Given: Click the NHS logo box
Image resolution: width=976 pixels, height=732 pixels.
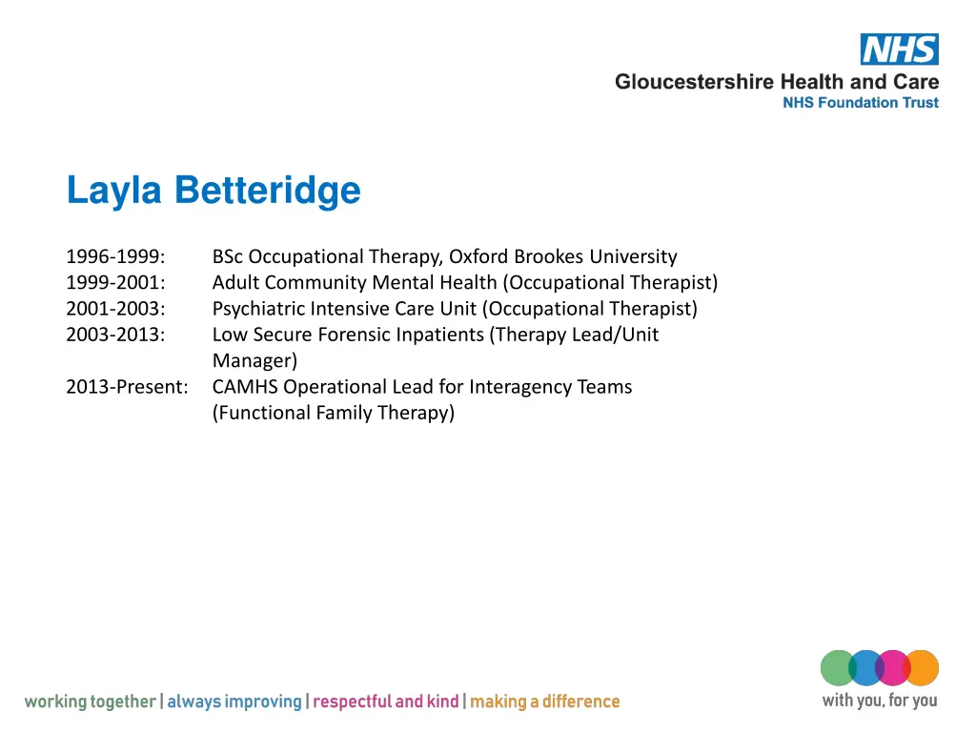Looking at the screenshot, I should (899, 50).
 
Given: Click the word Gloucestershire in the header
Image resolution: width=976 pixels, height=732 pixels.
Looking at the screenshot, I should (694, 82).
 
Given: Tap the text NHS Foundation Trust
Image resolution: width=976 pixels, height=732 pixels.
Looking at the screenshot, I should (860, 103).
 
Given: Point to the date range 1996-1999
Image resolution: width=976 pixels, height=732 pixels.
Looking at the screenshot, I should (115, 256).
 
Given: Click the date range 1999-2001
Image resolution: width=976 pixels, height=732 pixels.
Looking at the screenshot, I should (115, 282).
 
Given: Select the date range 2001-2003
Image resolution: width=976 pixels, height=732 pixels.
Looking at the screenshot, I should (115, 309).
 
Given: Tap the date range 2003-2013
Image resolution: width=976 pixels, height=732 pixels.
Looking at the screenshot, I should (115, 335).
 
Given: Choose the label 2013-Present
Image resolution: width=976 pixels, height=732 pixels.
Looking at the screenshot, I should (127, 387).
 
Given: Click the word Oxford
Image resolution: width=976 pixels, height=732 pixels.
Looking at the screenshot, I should (479, 256).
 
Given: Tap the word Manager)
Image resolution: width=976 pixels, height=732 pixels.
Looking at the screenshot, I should (254, 361).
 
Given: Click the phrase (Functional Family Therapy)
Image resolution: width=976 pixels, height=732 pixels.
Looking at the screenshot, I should (333, 413).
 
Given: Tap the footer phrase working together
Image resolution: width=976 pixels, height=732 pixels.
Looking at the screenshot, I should (90, 702).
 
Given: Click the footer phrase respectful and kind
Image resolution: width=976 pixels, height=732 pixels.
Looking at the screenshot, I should (385, 702).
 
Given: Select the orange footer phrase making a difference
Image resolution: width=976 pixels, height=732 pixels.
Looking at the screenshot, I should (544, 702).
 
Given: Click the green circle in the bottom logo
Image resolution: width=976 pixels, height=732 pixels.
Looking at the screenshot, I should (837, 668).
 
